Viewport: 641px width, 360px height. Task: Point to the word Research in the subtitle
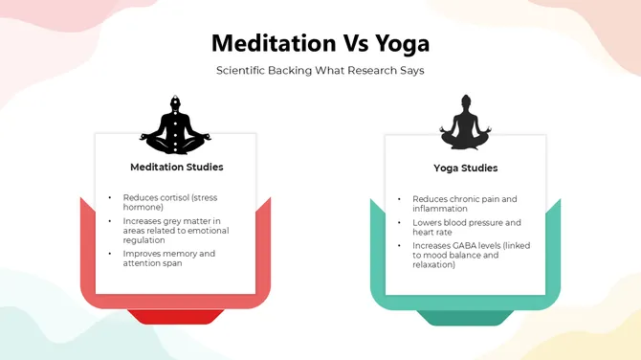point(360,71)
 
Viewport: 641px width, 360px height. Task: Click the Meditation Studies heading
point(177,167)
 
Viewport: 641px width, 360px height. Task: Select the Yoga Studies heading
point(465,169)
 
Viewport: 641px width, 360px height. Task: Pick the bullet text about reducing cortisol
point(167,202)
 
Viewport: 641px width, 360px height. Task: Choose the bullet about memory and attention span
point(168,258)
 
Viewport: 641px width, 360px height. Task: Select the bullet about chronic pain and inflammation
point(457,204)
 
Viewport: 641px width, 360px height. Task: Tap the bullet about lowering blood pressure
point(459,227)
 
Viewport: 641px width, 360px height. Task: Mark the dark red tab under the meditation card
point(175,317)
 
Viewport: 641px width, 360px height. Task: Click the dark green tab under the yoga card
point(465,317)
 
